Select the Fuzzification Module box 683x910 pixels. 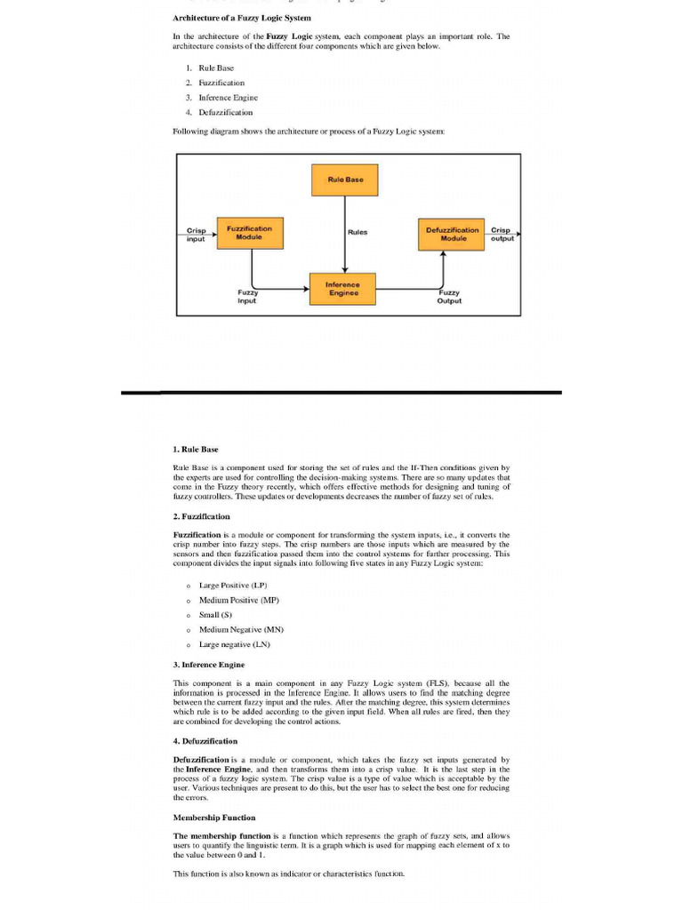tap(249, 233)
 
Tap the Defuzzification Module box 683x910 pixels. tap(453, 234)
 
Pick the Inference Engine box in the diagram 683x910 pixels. tap(342, 288)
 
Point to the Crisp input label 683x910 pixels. tap(196, 234)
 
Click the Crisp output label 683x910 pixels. tap(502, 234)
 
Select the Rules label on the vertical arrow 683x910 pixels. tap(358, 232)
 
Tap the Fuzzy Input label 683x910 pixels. tap(246, 296)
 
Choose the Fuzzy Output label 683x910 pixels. tap(449, 296)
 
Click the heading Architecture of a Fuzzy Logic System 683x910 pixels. tap(241, 18)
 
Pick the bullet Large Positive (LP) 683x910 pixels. tap(232, 585)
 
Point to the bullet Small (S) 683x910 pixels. tap(215, 614)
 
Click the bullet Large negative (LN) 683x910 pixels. tap(234, 643)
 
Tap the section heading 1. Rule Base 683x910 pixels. tap(195, 449)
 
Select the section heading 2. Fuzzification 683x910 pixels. tap(201, 515)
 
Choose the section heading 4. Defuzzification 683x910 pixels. tap(205, 740)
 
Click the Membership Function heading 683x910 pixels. tap(213, 817)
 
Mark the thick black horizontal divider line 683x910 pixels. tap(341, 392)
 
